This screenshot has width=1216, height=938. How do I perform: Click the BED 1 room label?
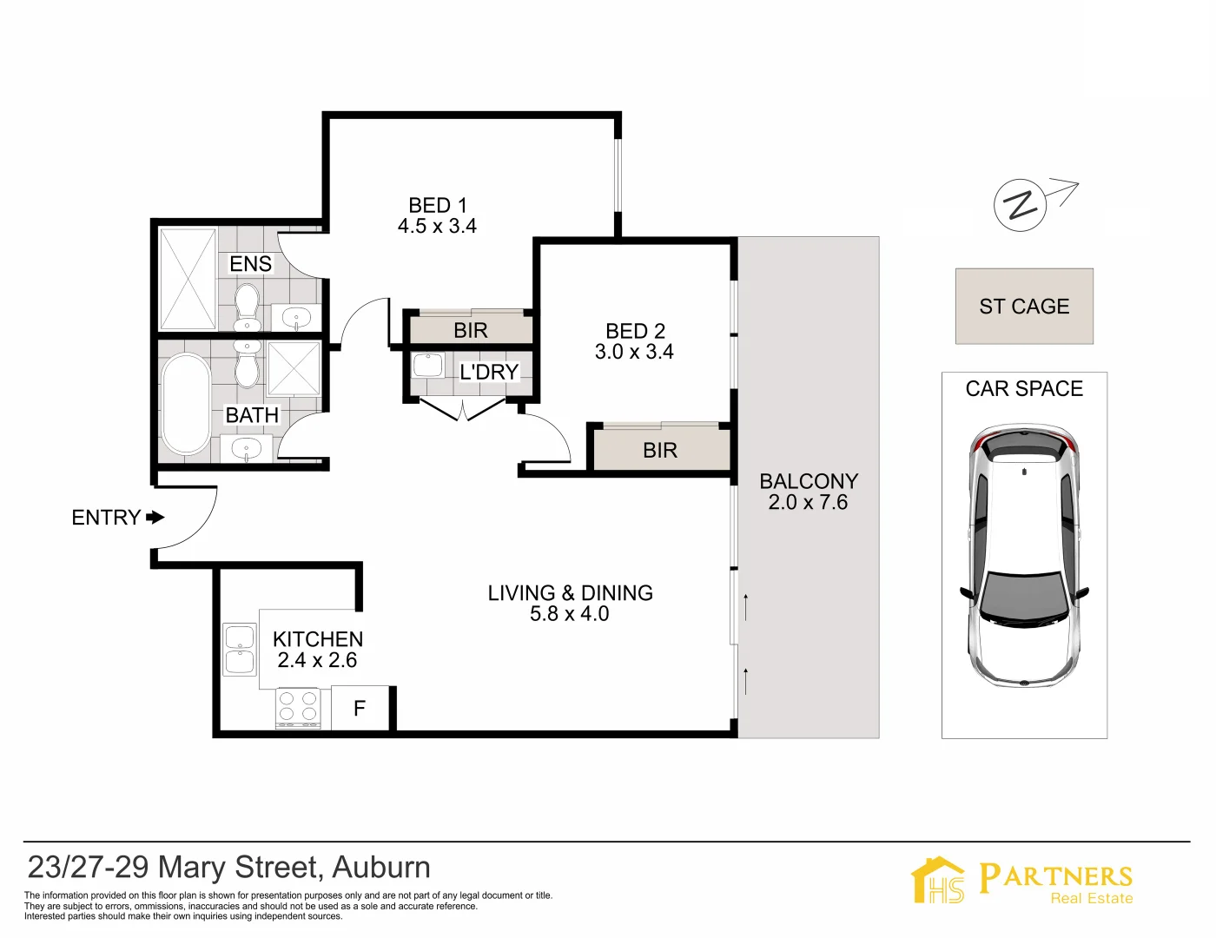pyautogui.click(x=437, y=205)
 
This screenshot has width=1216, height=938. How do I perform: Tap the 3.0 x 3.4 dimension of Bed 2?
pyautogui.click(x=634, y=352)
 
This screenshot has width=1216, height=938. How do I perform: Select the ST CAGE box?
pyautogui.click(x=1024, y=307)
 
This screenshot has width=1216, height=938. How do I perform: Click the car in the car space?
pyautogui.click(x=1024, y=556)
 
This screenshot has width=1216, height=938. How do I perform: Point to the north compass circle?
pyautogui.click(x=1020, y=205)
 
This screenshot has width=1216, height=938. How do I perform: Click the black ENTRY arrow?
pyautogui.click(x=155, y=518)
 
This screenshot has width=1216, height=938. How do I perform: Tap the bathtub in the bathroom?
pyautogui.click(x=186, y=404)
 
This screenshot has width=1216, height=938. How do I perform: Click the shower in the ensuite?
pyautogui.click(x=188, y=279)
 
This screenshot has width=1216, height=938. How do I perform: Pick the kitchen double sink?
pyautogui.click(x=240, y=650)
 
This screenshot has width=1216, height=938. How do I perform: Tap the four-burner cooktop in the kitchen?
pyautogui.click(x=298, y=707)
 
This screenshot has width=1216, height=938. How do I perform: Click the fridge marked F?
pyautogui.click(x=360, y=709)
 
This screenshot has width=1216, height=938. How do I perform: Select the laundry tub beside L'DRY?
pyautogui.click(x=427, y=366)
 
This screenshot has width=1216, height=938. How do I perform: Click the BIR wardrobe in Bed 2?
pyautogui.click(x=660, y=450)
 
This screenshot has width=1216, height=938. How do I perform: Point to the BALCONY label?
pyautogui.click(x=808, y=481)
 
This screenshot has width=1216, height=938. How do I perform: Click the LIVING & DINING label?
pyautogui.click(x=570, y=593)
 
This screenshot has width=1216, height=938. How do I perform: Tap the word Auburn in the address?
pyautogui.click(x=381, y=868)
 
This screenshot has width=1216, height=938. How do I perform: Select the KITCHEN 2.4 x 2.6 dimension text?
pyautogui.click(x=317, y=660)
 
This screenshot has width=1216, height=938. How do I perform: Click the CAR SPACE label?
pyautogui.click(x=1024, y=389)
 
